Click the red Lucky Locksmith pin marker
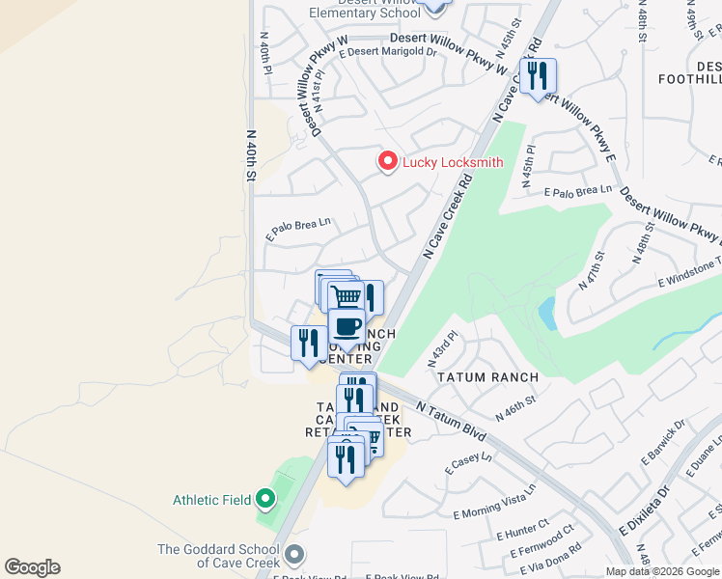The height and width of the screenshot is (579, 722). point(388,161)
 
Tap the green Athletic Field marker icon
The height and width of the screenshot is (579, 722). point(266,500)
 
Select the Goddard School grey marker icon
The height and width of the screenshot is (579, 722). point(294,555)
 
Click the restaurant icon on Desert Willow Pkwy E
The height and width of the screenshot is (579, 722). point(538,77)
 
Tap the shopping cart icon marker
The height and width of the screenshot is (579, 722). point(344,295)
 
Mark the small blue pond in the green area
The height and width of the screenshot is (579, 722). point(547,312)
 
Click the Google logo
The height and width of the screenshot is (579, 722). point(32,567)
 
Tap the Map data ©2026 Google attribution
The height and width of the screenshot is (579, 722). point(662,571)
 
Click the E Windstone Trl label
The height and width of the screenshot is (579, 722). point(689,271)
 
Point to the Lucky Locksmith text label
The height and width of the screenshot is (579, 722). point(452,162)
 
